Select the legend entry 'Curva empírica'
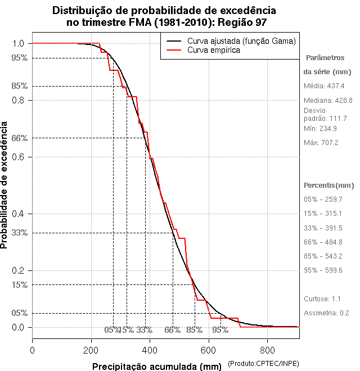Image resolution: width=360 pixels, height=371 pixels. (x=214, y=50)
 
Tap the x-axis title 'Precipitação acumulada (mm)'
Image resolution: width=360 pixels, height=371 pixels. (x=157, y=367)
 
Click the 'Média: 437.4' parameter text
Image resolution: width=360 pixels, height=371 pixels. (x=324, y=86)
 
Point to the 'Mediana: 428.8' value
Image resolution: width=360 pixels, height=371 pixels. (x=328, y=100)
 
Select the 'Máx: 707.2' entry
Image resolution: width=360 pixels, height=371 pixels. (x=321, y=143)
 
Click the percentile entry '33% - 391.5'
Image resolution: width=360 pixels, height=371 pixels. (x=323, y=228)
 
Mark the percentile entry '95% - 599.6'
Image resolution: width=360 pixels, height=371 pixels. (x=323, y=270)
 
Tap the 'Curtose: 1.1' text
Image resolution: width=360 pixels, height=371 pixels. (x=322, y=298)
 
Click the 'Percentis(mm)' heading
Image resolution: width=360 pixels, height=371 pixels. (x=329, y=185)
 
